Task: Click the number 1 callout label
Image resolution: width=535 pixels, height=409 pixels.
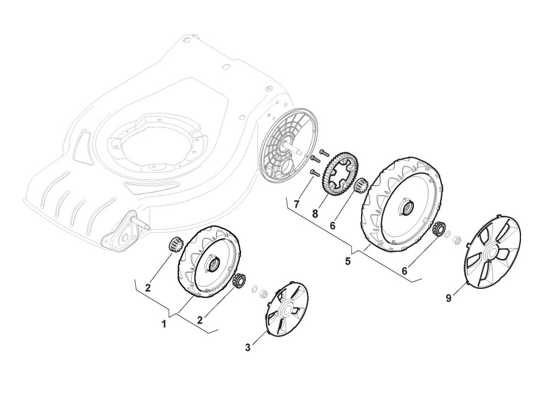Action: (164, 324)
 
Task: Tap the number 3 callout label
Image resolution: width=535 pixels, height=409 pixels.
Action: (248, 347)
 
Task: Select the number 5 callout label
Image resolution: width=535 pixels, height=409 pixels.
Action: (348, 261)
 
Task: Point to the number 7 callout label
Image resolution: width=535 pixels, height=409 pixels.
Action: (296, 204)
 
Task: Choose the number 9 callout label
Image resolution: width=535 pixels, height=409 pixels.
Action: (449, 298)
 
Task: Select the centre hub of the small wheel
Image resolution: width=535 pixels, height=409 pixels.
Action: (214, 263)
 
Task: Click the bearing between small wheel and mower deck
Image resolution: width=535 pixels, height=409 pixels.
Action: (173, 247)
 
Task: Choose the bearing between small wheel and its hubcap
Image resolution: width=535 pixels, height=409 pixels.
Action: (239, 281)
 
